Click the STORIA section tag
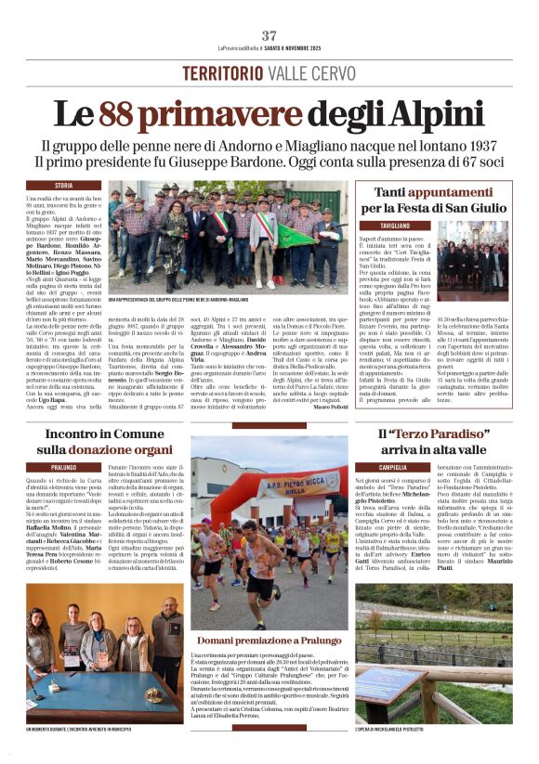point(63,186)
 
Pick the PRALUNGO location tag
point(64,466)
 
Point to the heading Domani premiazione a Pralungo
point(269,641)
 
